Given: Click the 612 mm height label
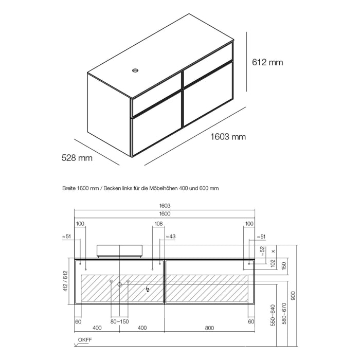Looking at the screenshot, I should (x=267, y=62).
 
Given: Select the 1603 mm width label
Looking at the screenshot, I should (x=228, y=137).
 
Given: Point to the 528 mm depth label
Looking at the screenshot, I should (x=77, y=158).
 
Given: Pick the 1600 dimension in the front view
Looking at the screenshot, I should (x=165, y=213).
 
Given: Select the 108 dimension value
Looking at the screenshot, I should (x=158, y=224).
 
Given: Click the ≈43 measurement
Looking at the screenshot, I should (x=171, y=236).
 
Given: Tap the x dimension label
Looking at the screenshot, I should (x=273, y=251).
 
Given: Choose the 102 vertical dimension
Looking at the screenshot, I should (x=273, y=264).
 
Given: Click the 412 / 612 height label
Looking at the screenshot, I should (x=65, y=282).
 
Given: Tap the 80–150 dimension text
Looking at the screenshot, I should (x=119, y=321).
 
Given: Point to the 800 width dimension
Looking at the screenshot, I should (x=210, y=328).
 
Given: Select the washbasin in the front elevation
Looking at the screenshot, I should (x=119, y=250).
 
